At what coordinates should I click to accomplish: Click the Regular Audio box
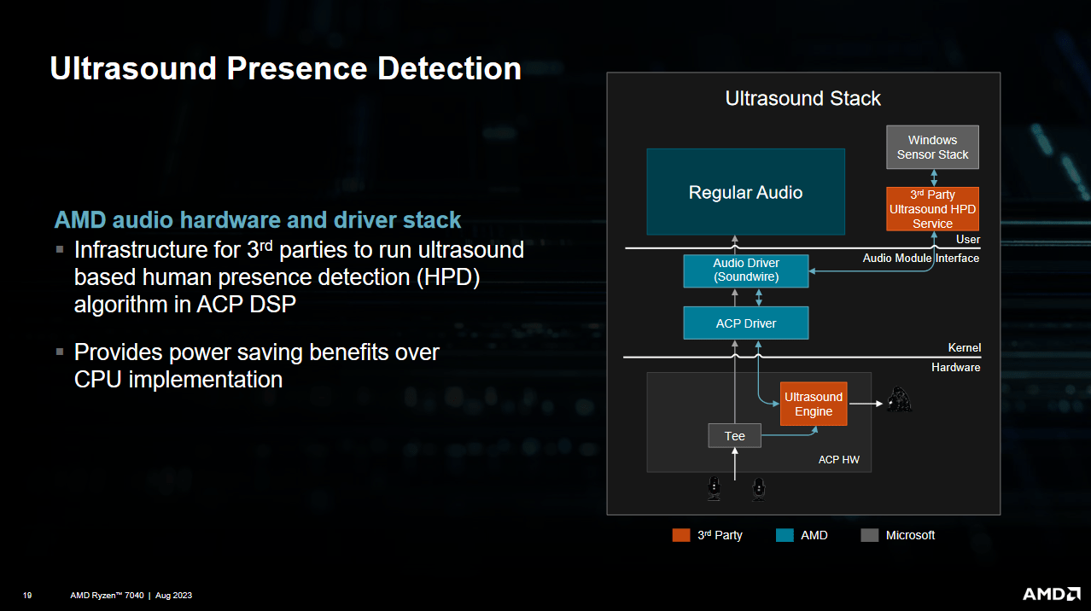[x=745, y=192]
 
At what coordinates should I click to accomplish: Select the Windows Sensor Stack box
[x=932, y=147]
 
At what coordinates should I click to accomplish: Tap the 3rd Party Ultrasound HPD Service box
[x=932, y=209]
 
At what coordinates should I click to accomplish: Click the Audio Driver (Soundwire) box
[x=746, y=271]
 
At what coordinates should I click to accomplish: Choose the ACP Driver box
[x=746, y=323]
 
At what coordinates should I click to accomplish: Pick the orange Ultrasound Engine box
[x=814, y=404]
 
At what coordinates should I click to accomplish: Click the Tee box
[x=735, y=436]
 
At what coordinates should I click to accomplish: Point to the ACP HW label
[x=838, y=460]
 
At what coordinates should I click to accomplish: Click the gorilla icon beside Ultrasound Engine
[x=899, y=400]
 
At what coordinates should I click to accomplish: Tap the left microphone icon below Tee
[x=715, y=488]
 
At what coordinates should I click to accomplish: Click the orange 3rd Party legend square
[x=681, y=535]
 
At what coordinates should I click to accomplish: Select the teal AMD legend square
[x=785, y=535]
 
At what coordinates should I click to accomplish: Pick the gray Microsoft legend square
[x=870, y=535]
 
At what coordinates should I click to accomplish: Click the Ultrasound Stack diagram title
[x=802, y=98]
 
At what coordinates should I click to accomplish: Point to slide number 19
[x=27, y=596]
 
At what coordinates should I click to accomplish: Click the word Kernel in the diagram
[x=964, y=348]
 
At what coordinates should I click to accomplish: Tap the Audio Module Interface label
[x=921, y=258]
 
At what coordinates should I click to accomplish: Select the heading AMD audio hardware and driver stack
[x=258, y=220]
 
